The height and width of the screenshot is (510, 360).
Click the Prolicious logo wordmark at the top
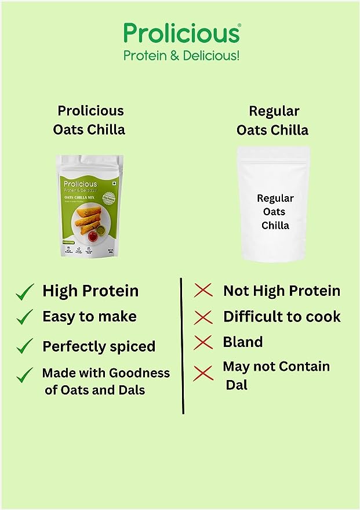click(181, 32)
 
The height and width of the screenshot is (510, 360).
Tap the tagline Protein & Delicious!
click(181, 56)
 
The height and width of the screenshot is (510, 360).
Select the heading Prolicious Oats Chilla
click(89, 120)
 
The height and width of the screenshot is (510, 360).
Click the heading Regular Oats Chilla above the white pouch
click(272, 120)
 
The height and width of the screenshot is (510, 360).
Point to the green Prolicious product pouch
click(90, 206)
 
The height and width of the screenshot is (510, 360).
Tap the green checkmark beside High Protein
click(25, 293)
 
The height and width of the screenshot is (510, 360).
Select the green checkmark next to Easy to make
click(25, 317)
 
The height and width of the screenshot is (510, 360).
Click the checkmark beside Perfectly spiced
click(25, 346)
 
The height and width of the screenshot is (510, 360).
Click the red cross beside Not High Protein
click(203, 291)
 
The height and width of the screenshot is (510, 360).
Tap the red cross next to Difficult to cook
click(203, 317)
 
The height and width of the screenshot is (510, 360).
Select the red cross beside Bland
click(203, 342)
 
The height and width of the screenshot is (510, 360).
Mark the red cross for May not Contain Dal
click(203, 373)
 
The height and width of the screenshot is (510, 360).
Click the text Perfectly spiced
click(99, 346)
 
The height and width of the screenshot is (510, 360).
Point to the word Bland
click(242, 342)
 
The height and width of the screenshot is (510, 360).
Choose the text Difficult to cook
click(282, 317)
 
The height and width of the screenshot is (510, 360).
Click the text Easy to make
click(89, 317)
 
